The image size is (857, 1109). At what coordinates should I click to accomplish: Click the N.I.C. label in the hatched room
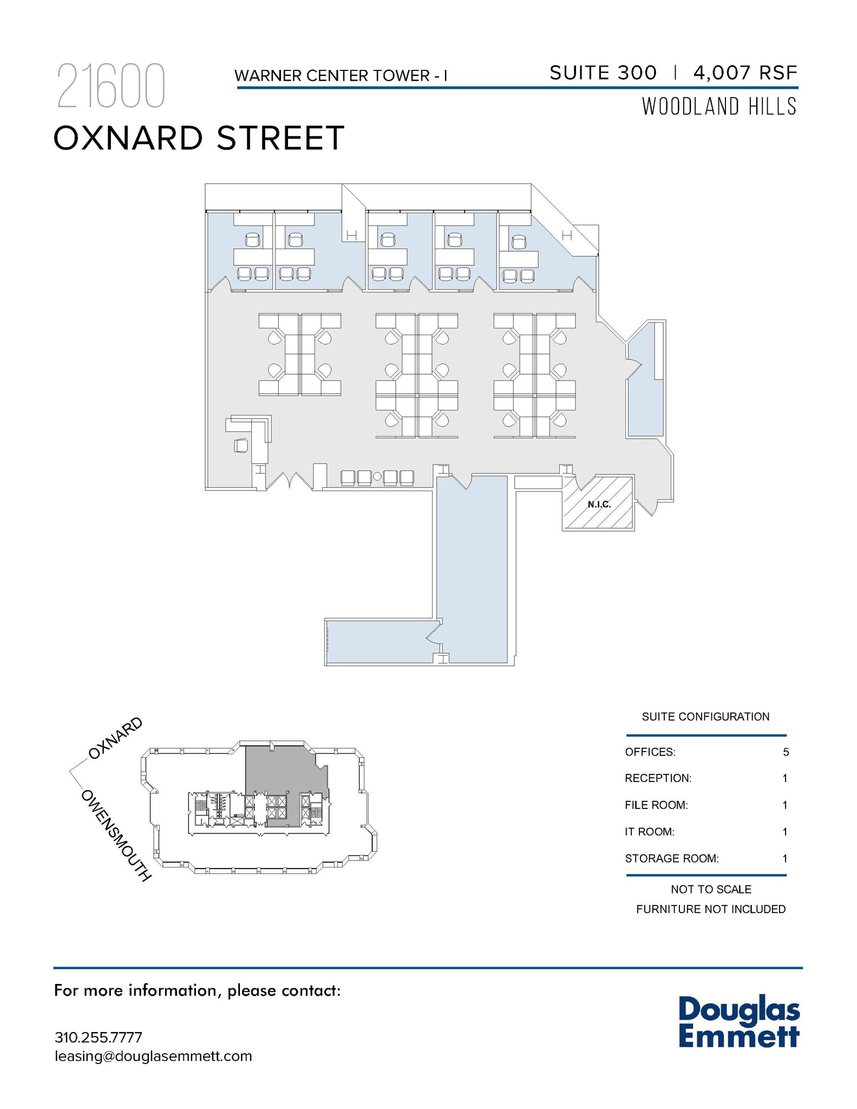[599, 505]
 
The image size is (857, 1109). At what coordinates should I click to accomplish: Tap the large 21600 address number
[110, 86]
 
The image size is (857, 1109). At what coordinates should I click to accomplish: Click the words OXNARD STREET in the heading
[199, 138]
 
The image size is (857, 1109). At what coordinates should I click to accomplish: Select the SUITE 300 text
[603, 73]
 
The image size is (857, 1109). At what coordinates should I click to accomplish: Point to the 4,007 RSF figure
[745, 73]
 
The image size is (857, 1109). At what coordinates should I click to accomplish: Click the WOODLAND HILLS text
[719, 107]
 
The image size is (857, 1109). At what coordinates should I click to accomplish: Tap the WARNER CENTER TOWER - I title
[341, 76]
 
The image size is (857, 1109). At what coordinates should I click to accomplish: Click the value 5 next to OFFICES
[786, 752]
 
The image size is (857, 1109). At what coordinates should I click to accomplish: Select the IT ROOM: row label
[650, 832]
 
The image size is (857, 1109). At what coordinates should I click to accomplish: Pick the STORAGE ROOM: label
[672, 858]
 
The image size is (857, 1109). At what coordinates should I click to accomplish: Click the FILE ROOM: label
[656, 805]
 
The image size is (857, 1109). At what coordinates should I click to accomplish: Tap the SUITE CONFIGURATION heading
[705, 717]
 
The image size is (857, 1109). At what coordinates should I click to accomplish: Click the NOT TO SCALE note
[711, 889]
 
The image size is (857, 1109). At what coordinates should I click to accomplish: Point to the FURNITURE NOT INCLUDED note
[711, 909]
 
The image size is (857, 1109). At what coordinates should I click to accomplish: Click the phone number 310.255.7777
[99, 1038]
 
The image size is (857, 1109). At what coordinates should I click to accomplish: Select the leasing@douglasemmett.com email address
[153, 1056]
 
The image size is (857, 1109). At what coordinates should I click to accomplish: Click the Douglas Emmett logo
[739, 1022]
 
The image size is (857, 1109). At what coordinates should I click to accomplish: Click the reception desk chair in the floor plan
[241, 446]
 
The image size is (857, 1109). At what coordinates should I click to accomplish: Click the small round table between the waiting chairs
[377, 477]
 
